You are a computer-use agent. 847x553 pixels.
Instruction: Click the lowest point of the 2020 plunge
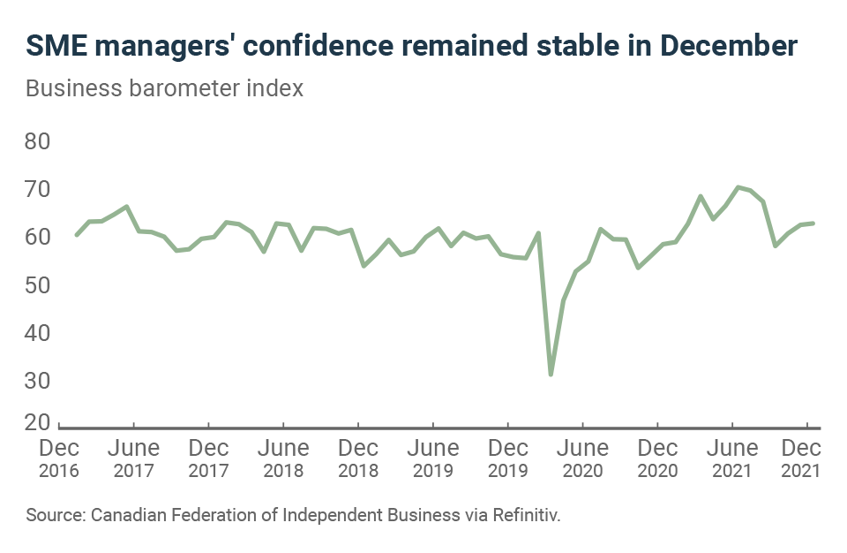551,375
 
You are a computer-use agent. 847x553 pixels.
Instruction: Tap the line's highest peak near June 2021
738,187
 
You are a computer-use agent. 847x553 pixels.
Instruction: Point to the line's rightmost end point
813,223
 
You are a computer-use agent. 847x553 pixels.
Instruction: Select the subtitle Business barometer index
165,89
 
